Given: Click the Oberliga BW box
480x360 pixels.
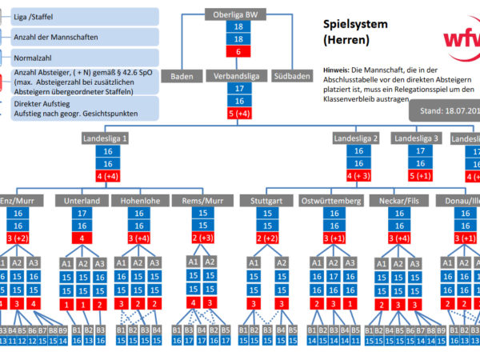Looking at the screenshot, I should [238, 14].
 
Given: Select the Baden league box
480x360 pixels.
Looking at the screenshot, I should [182, 77].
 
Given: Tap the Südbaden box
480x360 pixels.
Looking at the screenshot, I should [293, 77].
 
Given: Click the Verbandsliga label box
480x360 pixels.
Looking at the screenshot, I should [238, 77].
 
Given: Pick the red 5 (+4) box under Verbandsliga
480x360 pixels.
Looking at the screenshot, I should [238, 114].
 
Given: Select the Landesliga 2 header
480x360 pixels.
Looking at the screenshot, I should [356, 139].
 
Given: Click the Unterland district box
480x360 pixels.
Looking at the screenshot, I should [82, 201].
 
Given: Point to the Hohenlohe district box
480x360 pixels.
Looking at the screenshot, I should [139, 201].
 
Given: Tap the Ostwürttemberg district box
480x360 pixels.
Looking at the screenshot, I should [330, 201].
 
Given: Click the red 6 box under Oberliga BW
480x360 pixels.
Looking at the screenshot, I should [238, 51].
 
